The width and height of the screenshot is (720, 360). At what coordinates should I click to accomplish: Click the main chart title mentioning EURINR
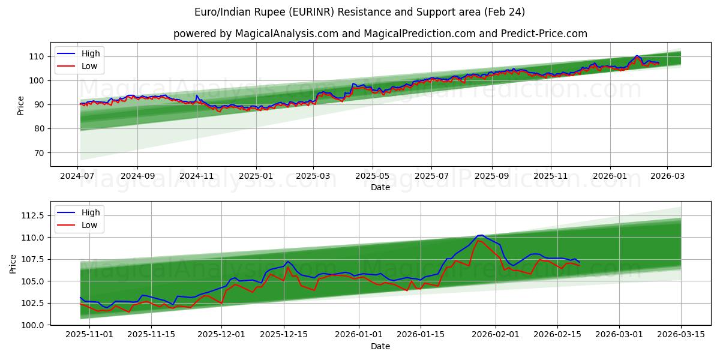click(x=359, y=12)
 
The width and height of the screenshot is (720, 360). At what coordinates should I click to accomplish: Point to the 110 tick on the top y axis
click(x=37, y=56)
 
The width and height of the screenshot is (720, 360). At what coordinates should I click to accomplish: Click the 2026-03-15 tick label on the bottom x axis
click(x=681, y=334)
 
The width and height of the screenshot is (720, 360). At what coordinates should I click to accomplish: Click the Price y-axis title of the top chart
click(x=21, y=105)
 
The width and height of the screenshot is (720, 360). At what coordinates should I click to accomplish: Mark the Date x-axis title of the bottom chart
click(x=380, y=346)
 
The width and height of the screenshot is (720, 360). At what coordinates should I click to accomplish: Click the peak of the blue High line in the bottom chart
click(x=481, y=235)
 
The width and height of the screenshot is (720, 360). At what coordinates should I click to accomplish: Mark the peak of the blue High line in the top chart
click(x=637, y=56)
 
